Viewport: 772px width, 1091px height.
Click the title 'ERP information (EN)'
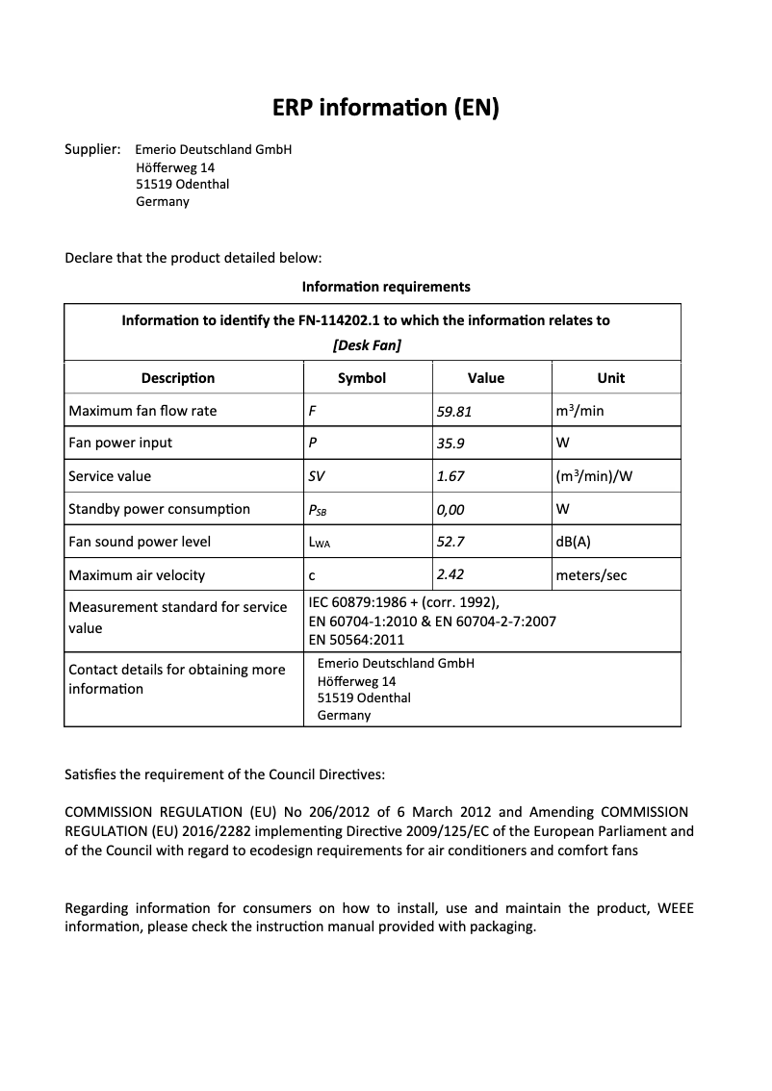click(385, 108)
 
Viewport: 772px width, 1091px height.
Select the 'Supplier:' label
click(92, 149)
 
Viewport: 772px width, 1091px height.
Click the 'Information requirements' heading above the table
click(386, 287)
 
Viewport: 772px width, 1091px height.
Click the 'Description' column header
click(178, 378)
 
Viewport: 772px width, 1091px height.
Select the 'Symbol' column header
click(362, 378)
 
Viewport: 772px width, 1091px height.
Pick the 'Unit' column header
click(610, 378)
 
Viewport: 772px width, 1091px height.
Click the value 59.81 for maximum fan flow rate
click(454, 411)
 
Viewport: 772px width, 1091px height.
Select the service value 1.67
click(450, 476)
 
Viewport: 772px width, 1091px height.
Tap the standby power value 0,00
click(451, 510)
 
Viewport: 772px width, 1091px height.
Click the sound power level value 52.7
click(450, 542)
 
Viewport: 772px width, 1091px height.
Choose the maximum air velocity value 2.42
click(450, 574)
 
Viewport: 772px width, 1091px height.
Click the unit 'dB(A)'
click(573, 542)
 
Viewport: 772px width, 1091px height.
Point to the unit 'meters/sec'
click(591, 575)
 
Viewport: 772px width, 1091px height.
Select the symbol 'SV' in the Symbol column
click(316, 476)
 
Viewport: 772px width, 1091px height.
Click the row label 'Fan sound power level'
click(140, 542)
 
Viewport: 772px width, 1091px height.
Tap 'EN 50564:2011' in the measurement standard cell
click(356, 640)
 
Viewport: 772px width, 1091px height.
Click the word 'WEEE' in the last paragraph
click(675, 908)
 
